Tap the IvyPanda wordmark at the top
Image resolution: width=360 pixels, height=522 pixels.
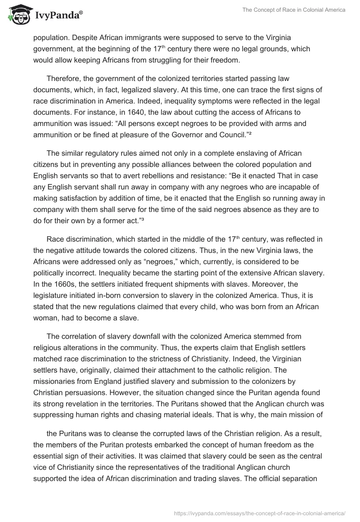pyautogui.click(x=58, y=16)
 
